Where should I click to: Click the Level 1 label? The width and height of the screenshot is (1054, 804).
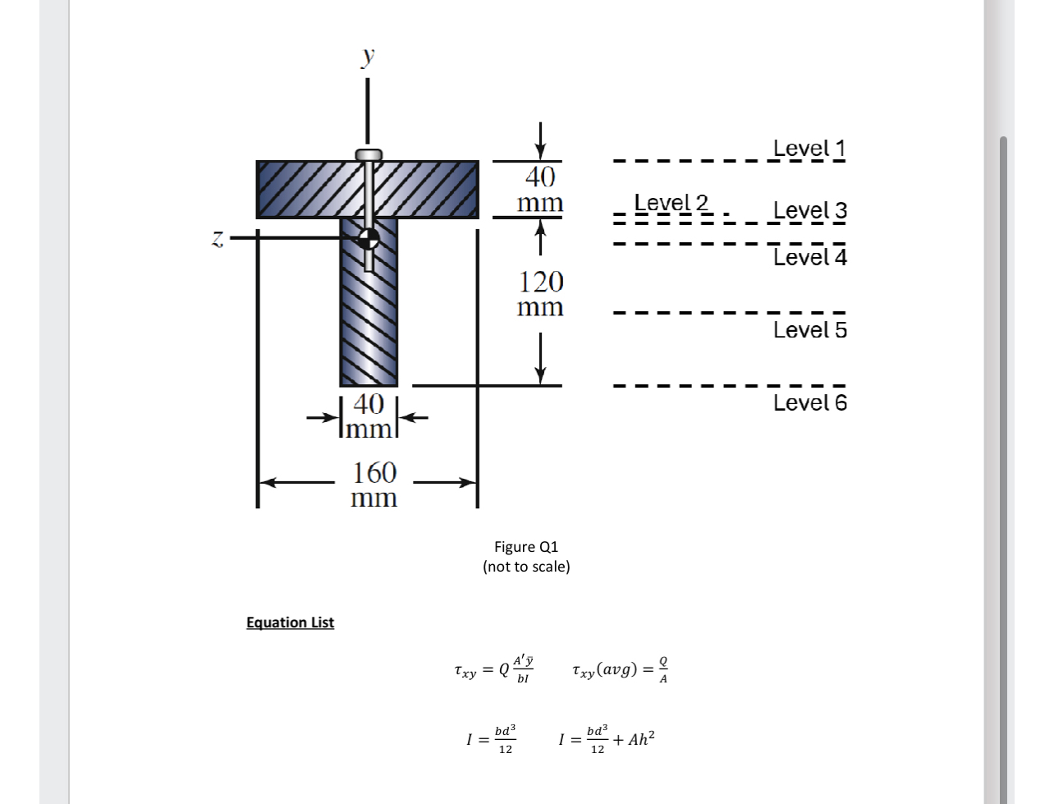pyautogui.click(x=809, y=149)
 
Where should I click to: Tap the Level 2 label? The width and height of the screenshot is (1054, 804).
pyautogui.click(x=671, y=203)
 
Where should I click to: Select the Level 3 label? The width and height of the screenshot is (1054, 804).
pyautogui.click(x=809, y=211)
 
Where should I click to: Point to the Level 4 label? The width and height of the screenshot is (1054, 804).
pyautogui.click(x=809, y=258)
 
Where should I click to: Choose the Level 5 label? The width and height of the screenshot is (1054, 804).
pyautogui.click(x=809, y=330)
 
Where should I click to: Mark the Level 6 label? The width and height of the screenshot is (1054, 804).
pyautogui.click(x=809, y=403)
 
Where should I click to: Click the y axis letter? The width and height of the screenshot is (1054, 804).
pyautogui.click(x=369, y=55)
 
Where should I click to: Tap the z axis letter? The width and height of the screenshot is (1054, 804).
pyautogui.click(x=218, y=238)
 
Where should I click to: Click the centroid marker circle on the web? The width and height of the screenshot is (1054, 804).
pyautogui.click(x=369, y=238)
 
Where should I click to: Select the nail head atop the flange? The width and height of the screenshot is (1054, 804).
pyautogui.click(x=369, y=154)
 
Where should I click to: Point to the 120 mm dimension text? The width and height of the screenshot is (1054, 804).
pyautogui.click(x=540, y=294)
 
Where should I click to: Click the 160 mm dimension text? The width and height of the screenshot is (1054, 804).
pyautogui.click(x=374, y=485)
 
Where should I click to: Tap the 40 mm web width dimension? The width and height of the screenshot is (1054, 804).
pyautogui.click(x=369, y=416)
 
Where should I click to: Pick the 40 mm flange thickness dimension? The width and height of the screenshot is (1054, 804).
pyautogui.click(x=540, y=189)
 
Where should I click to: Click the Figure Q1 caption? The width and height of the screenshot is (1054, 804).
pyautogui.click(x=526, y=547)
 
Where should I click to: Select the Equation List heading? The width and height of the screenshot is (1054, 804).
pyautogui.click(x=290, y=623)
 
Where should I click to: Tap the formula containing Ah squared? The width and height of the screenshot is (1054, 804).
pyautogui.click(x=607, y=740)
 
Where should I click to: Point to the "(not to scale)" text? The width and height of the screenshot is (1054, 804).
pyautogui.click(x=526, y=567)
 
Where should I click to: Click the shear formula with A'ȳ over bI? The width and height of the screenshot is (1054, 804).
pyautogui.click(x=494, y=669)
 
